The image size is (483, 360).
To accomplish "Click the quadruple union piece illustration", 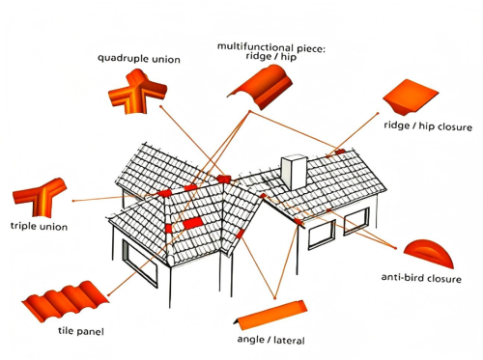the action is [x=138, y=92].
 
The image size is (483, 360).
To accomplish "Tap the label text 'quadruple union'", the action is [x=139, y=59].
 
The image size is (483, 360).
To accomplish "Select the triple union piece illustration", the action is [x=41, y=197].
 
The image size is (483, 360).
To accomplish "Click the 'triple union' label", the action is [x=39, y=226].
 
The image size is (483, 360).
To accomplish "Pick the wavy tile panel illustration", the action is [x=66, y=302].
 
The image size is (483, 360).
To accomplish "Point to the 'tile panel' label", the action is [x=81, y=331].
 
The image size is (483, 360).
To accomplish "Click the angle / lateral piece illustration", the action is [x=270, y=316].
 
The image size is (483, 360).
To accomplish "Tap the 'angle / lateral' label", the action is [x=270, y=340].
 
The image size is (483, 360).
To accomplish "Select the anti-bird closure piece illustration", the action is [x=429, y=254].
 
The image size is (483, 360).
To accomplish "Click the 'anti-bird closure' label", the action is [x=421, y=278].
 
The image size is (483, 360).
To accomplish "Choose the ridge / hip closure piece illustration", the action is [x=411, y=97].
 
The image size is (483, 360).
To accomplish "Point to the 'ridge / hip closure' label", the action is [x=428, y=126].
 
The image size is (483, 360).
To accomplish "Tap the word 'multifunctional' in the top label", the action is [x=255, y=46].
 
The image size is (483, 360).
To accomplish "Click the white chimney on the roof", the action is [x=294, y=172].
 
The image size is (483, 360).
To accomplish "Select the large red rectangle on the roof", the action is [x=192, y=223].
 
